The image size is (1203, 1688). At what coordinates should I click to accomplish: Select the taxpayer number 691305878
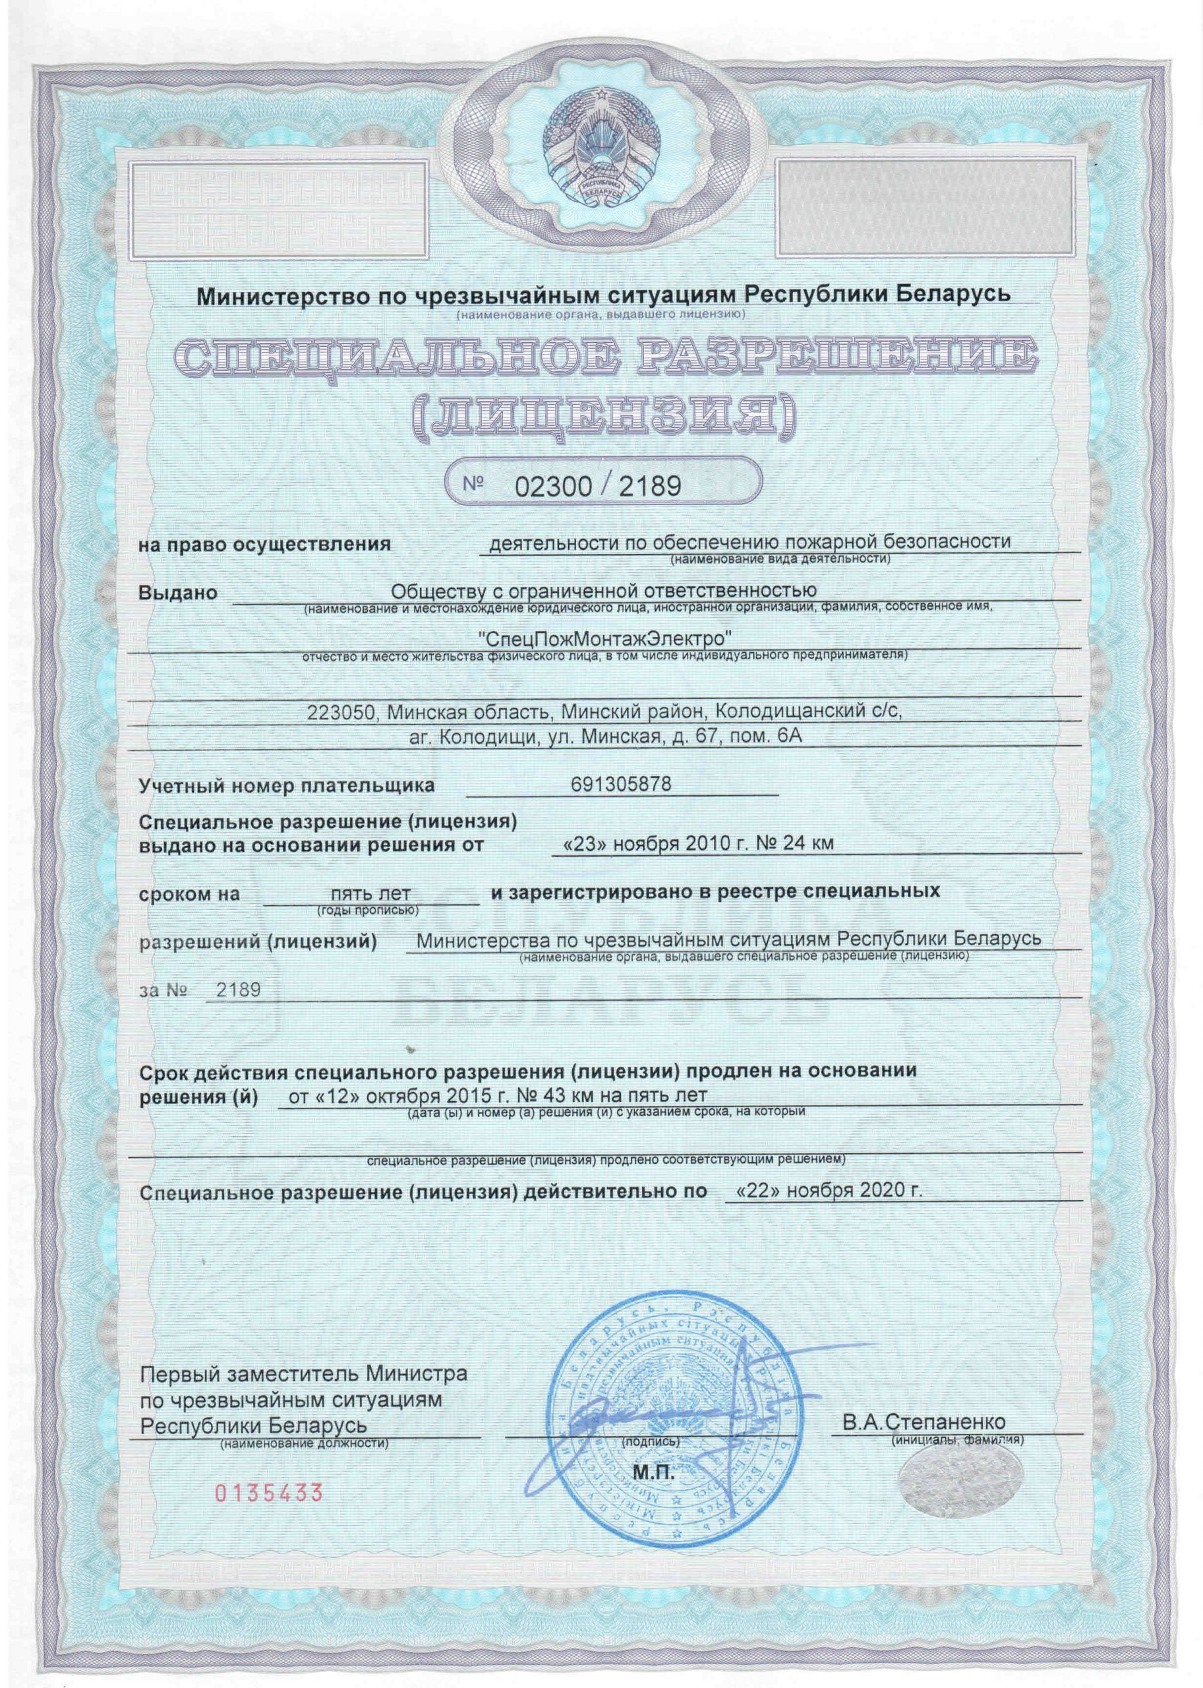pos(622,785)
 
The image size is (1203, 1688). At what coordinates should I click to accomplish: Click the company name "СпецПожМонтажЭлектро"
pos(601,637)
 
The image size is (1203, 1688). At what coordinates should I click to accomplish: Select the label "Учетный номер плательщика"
pos(287,786)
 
